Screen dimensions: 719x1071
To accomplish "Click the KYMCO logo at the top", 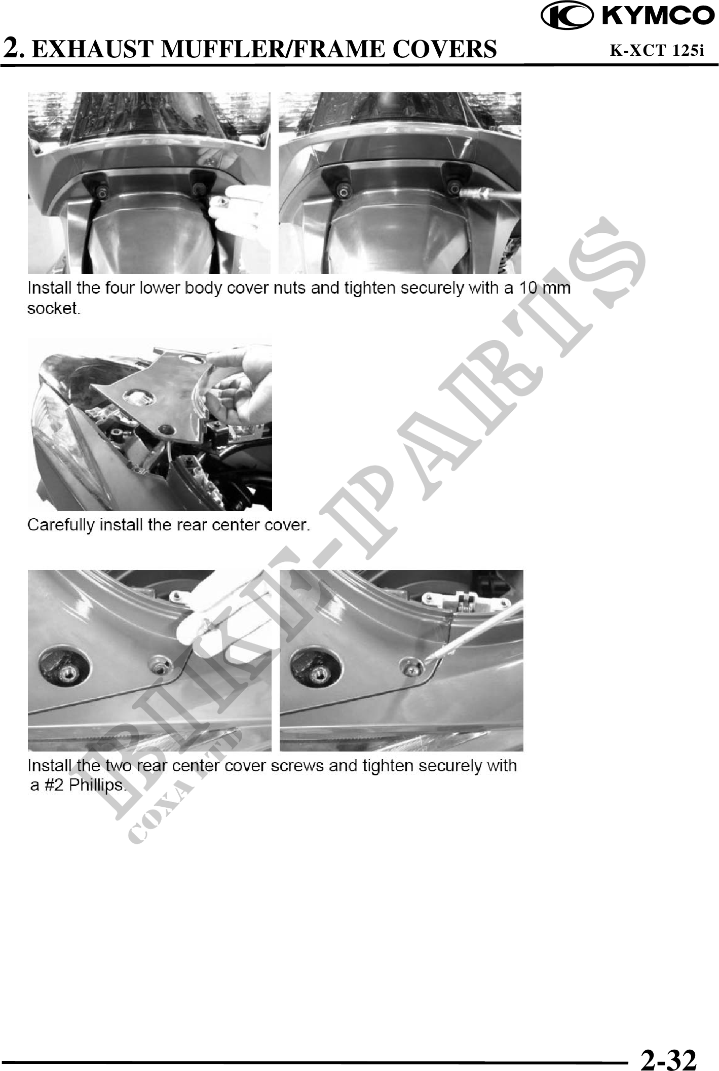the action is (628, 16).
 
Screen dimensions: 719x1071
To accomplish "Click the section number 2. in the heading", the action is (14, 49).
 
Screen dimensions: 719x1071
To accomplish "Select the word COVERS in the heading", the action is (444, 49).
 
